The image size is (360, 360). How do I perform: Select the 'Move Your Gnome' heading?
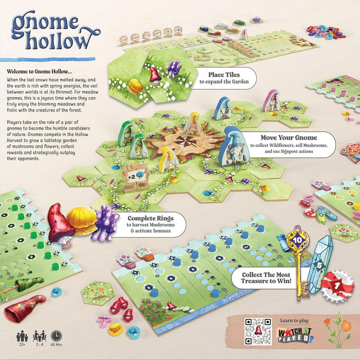(288, 138)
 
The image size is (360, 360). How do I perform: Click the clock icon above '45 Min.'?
(56, 336)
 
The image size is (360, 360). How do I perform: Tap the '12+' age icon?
(22, 336)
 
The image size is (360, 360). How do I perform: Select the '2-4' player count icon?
(39, 336)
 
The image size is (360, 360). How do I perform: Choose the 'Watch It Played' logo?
(296, 336)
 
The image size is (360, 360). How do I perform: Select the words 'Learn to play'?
(294, 320)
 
